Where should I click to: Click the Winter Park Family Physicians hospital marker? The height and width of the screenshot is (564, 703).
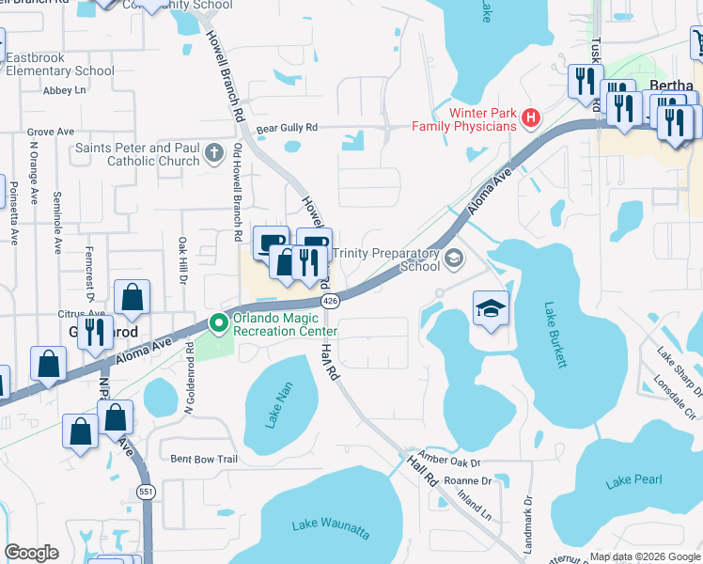(x=531, y=119)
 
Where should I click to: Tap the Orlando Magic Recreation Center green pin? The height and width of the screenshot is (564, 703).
(x=219, y=323)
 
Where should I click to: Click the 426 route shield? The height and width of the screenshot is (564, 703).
(x=329, y=301)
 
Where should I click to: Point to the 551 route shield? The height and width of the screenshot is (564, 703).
(x=146, y=491)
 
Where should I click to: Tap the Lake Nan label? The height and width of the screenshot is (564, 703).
(x=279, y=405)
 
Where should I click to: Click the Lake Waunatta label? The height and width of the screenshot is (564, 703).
(x=330, y=527)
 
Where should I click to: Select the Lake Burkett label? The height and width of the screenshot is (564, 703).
(x=555, y=335)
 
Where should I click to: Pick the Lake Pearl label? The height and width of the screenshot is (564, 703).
(x=634, y=481)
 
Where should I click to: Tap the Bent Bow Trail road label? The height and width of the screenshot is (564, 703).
(x=204, y=459)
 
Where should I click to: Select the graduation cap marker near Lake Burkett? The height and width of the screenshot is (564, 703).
(x=490, y=309)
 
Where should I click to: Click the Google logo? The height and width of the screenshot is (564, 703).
(x=31, y=553)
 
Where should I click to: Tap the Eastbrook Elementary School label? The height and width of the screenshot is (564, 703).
(x=59, y=64)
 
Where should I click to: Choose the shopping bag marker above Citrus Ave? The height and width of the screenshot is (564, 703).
(x=133, y=297)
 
